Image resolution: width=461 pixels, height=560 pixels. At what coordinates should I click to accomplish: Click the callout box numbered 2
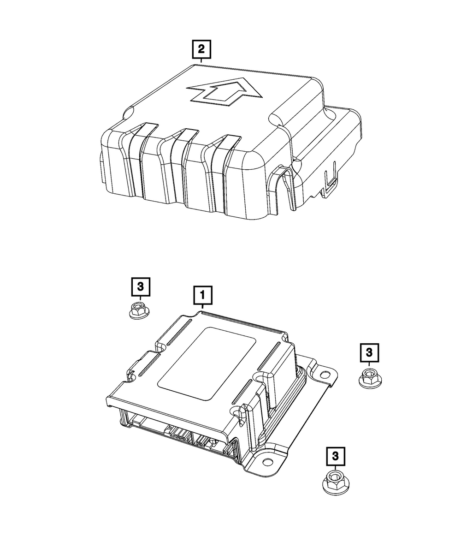click(x=201, y=49)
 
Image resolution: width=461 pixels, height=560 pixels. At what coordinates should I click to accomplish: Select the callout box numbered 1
click(x=203, y=295)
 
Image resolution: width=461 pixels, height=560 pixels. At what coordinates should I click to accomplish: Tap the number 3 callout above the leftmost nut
click(x=141, y=287)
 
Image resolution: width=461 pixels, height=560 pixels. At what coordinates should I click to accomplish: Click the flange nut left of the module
click(x=139, y=310)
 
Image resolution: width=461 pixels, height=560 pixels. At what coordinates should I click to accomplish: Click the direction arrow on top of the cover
click(x=224, y=92)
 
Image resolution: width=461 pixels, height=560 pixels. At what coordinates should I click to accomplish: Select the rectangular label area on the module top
click(x=207, y=364)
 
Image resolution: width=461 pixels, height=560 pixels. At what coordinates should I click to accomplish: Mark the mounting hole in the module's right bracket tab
click(x=325, y=374)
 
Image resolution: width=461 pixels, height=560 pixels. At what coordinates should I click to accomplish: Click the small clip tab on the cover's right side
click(x=330, y=179)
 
